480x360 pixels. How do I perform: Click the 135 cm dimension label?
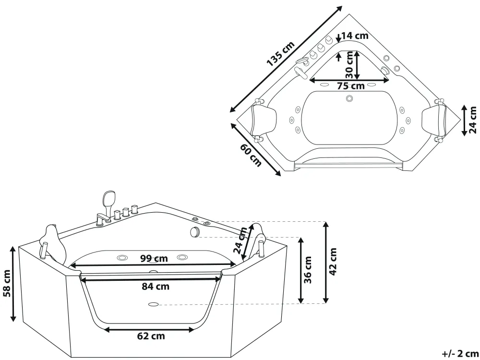(281, 54)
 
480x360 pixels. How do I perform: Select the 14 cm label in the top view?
(355, 36)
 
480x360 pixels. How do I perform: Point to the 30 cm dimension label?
(349, 65)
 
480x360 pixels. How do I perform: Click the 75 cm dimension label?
(351, 86)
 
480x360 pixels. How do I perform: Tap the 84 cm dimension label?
(156, 287)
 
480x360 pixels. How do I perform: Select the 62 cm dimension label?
(151, 336)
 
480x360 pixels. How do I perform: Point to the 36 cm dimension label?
(308, 270)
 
